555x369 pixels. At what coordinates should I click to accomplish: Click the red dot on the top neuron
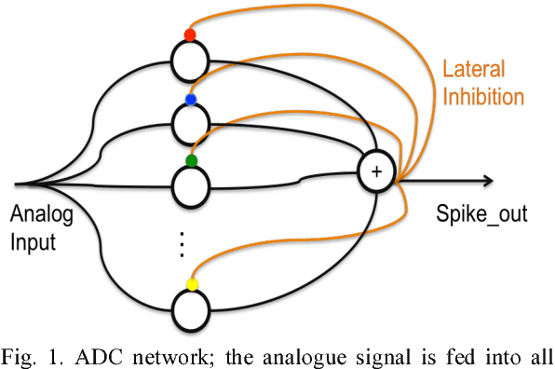click(190, 35)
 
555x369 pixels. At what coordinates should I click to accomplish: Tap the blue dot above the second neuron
click(191, 100)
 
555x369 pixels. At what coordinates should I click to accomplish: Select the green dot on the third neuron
click(191, 161)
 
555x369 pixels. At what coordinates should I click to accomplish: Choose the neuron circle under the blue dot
click(190, 122)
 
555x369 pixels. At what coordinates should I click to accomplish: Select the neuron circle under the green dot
click(190, 184)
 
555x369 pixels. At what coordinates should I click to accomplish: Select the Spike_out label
click(481, 215)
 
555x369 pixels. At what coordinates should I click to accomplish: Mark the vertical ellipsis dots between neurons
click(183, 243)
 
